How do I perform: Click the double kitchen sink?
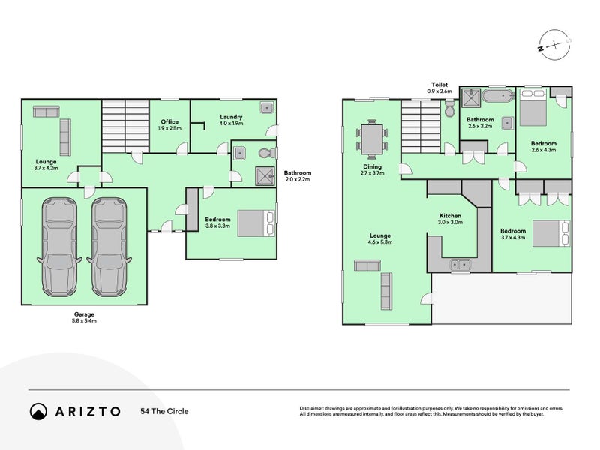[x=459, y=264]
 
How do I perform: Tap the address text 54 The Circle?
[x=164, y=411]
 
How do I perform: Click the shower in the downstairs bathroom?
[x=264, y=175]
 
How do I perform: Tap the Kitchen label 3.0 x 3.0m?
[x=451, y=219]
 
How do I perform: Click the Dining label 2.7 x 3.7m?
[x=372, y=170]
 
